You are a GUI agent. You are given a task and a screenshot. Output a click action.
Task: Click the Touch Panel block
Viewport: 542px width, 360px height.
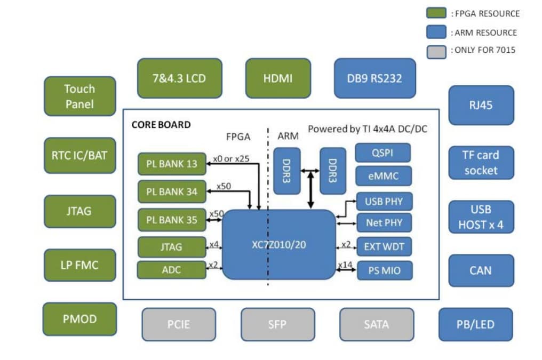pyautogui.click(x=79, y=96)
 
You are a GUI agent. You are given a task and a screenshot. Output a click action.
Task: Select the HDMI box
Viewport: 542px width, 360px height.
pyautogui.click(x=278, y=78)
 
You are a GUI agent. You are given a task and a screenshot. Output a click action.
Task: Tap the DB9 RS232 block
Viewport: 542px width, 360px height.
pyautogui.click(x=374, y=78)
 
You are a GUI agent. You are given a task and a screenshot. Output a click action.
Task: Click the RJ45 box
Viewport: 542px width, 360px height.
pyautogui.click(x=481, y=105)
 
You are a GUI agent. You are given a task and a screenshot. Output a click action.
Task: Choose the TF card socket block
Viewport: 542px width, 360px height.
pyautogui.click(x=481, y=163)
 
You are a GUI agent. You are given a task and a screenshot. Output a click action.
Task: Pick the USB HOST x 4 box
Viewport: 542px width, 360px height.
pyautogui.click(x=481, y=217)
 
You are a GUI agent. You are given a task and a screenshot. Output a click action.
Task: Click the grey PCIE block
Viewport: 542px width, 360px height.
pyautogui.click(x=179, y=324)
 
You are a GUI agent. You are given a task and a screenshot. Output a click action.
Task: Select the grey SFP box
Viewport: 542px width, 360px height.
pyautogui.click(x=277, y=324)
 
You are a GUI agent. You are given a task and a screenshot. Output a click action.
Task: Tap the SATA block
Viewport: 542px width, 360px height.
pyautogui.click(x=377, y=324)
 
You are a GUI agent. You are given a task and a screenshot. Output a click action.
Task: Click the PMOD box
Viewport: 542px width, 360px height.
pyautogui.click(x=79, y=319)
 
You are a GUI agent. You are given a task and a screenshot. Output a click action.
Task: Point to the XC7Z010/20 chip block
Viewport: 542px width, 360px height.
pyautogui.click(x=278, y=244)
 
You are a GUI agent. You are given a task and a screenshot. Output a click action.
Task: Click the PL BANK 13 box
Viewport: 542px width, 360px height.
pyautogui.click(x=172, y=164)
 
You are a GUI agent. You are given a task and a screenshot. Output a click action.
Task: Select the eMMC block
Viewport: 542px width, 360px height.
pyautogui.click(x=384, y=175)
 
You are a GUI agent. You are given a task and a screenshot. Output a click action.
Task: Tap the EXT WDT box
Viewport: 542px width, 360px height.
pyautogui.click(x=384, y=247)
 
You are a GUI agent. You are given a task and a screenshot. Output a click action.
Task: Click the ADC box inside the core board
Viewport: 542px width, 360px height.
pyautogui.click(x=172, y=270)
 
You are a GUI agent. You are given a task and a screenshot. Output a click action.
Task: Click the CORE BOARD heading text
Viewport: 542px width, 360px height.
pyautogui.click(x=161, y=125)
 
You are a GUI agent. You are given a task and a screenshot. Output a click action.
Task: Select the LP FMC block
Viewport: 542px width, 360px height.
pyautogui.click(x=79, y=265)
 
